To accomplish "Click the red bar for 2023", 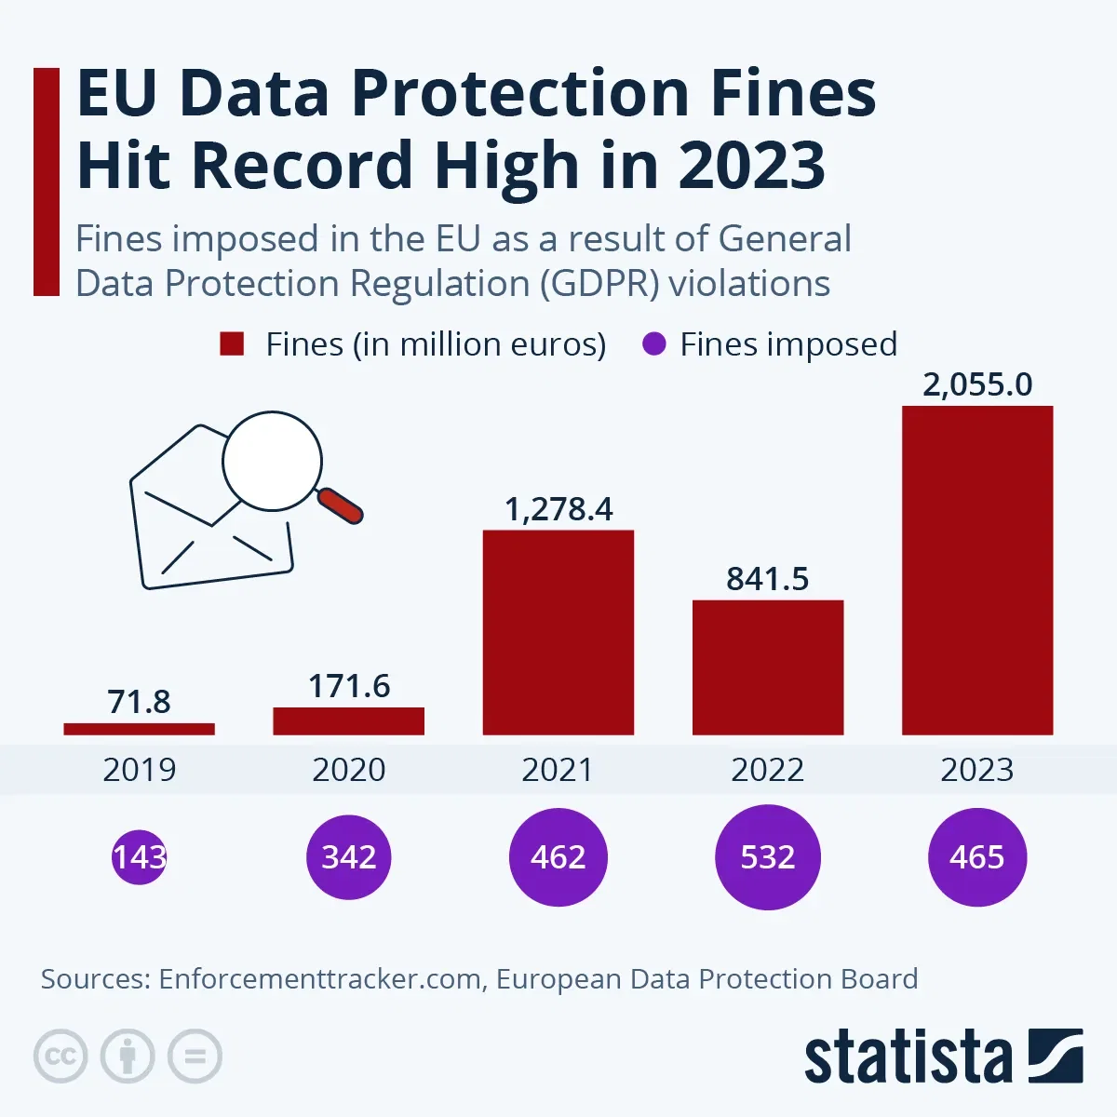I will pyautogui.click(x=977, y=570).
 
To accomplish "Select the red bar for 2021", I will pyautogui.click(x=558, y=632).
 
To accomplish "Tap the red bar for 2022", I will pyautogui.click(x=768, y=666).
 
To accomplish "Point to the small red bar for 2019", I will pyautogui.click(x=140, y=729).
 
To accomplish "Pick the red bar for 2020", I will pyautogui.click(x=349, y=720).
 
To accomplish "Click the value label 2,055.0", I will pyautogui.click(x=977, y=384).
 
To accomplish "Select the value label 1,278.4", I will pyautogui.click(x=558, y=509).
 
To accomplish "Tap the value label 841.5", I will pyautogui.click(x=768, y=579).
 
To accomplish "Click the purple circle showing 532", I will pyautogui.click(x=768, y=856).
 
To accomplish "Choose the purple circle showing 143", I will pyautogui.click(x=140, y=856).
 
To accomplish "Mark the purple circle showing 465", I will pyautogui.click(x=977, y=856).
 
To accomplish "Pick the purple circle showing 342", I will pyautogui.click(x=349, y=856).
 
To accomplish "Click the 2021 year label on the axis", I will pyautogui.click(x=558, y=770).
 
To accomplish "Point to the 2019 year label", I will pyautogui.click(x=140, y=770).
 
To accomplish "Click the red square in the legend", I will pyautogui.click(x=232, y=344).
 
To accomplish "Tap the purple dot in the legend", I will pyautogui.click(x=654, y=344).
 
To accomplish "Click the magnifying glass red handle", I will pyautogui.click(x=341, y=506).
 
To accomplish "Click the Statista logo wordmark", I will pyautogui.click(x=908, y=1057).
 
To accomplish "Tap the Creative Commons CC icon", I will pyautogui.click(x=61, y=1056).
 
